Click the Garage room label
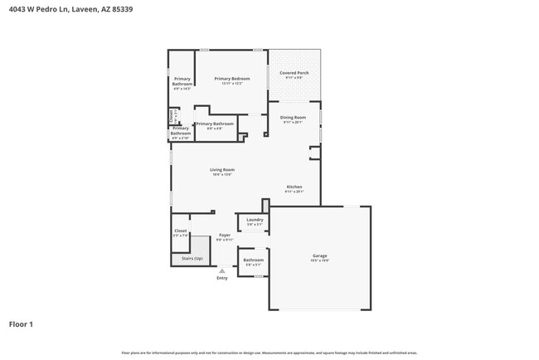pos(319,255)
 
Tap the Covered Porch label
pos(294,73)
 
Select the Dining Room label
pos(294,118)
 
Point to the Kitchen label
pos(294,187)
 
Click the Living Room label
pos(221,169)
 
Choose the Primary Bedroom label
pos(232,79)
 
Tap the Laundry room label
pos(255,220)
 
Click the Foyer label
pos(225,236)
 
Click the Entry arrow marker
pos(221,270)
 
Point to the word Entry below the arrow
pos(221,278)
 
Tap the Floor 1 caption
pos(21,324)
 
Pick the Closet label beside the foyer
pos(180,231)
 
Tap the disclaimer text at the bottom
pos(269,352)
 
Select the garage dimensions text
pos(319,260)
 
